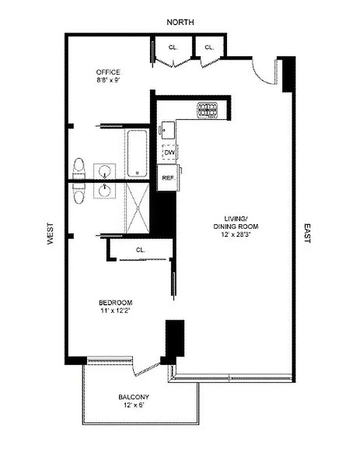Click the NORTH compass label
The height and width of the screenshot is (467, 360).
(180, 22)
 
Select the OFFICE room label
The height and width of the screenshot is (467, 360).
(109, 72)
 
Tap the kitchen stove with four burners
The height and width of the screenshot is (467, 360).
(207, 109)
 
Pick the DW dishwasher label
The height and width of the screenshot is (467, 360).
(170, 153)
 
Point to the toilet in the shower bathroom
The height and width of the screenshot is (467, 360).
(79, 193)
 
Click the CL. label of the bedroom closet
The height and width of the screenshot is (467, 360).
(141, 250)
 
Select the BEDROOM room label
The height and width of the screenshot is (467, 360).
(115, 302)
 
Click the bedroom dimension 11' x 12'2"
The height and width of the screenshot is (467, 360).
(115, 311)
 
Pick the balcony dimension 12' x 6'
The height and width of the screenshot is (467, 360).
(134, 405)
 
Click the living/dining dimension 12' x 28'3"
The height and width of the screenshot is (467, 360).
(236, 234)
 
